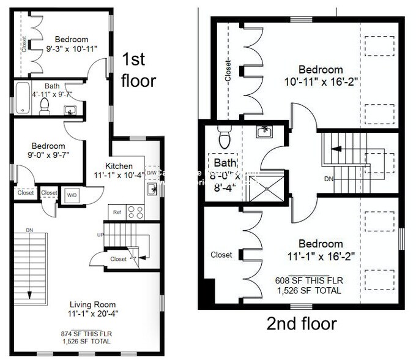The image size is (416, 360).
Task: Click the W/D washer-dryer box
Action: pyautogui.click(x=72, y=195)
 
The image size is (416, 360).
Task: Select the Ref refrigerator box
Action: pyautogui.click(x=117, y=212)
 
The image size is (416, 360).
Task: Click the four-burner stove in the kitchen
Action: pyautogui.click(x=135, y=212)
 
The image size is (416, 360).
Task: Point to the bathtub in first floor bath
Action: pyautogui.click(x=23, y=99)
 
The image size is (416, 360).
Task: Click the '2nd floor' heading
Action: pyautogui.click(x=302, y=323)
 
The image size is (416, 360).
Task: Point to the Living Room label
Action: pyautogui.click(x=92, y=304)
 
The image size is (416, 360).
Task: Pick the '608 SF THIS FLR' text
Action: pyautogui.click(x=308, y=280)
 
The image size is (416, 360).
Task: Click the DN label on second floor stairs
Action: pyautogui.click(x=329, y=180)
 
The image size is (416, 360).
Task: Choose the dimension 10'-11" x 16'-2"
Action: pyautogui.click(x=321, y=81)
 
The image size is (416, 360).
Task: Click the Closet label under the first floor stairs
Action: pyautogui.click(x=118, y=259)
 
